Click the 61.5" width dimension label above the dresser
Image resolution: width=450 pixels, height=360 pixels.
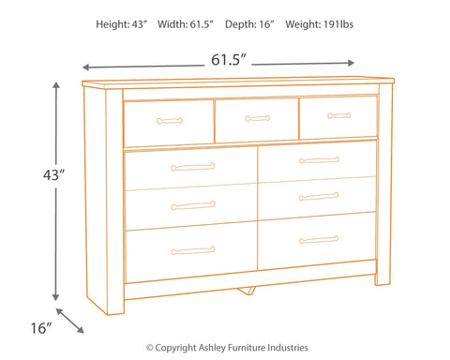(225, 59)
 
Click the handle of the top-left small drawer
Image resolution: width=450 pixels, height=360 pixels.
(170, 119)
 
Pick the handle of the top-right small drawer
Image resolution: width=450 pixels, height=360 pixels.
(339, 116)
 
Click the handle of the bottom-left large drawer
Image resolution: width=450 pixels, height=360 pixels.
(193, 250)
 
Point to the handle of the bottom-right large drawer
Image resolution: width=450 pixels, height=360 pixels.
(319, 240)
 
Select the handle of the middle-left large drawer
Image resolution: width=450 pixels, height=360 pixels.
(193, 207)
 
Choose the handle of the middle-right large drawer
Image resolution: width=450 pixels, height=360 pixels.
(319, 197)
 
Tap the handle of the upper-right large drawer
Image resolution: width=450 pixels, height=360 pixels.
(319, 159)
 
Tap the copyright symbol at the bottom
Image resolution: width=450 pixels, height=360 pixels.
(150, 347)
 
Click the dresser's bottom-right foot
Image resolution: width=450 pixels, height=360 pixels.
(382, 280)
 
